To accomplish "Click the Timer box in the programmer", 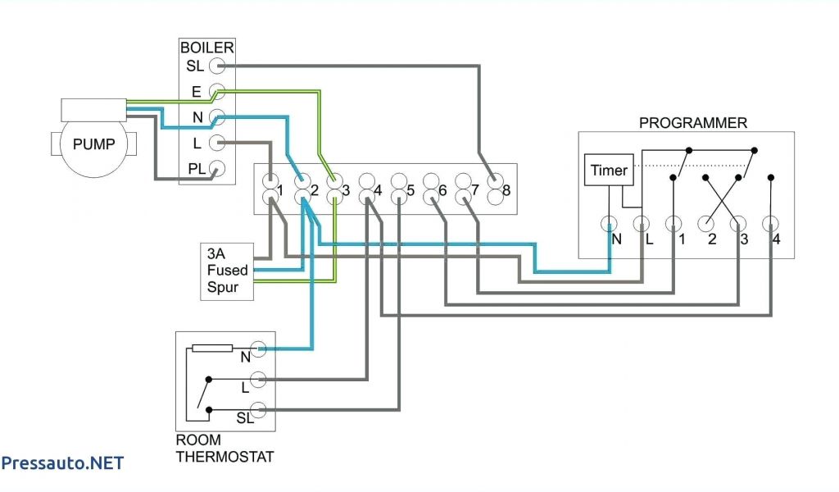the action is [609, 170].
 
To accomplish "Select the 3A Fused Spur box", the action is [227, 272].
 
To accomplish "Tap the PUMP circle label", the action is [94, 144].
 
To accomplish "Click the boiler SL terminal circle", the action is [216, 66].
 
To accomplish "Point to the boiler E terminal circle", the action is [216, 91].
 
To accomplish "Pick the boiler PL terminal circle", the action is [216, 168].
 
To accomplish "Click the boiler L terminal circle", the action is [216, 143].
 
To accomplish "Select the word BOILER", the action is [207, 48].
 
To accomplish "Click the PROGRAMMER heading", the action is [693, 123].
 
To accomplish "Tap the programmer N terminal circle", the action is [609, 224].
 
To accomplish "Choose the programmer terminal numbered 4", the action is [770, 224].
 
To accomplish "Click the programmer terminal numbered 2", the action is [706, 224].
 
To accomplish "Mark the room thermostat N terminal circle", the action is [258, 348].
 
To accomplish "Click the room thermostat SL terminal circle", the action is [258, 410].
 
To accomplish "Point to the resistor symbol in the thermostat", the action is [212, 348].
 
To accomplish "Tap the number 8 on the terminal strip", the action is [506, 190].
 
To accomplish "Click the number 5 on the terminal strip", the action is [410, 190].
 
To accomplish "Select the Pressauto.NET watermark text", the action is [62, 463].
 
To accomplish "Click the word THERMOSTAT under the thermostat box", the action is [225, 457].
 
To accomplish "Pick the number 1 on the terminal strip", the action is [280, 190].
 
